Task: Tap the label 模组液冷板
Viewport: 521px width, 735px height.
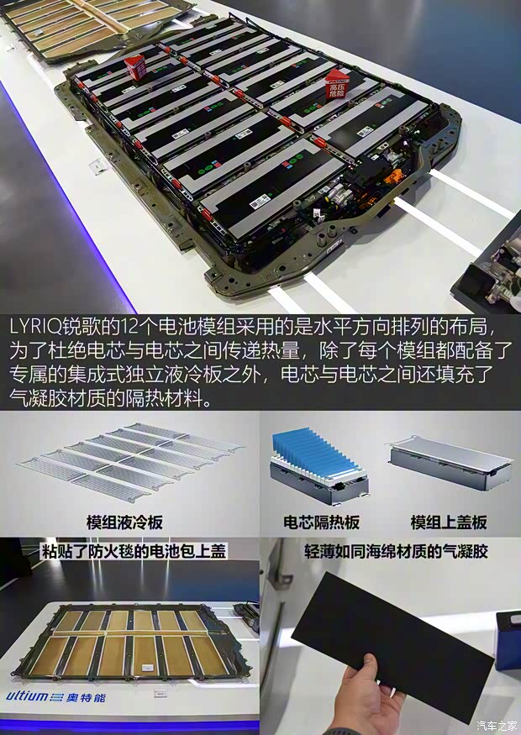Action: (124, 522)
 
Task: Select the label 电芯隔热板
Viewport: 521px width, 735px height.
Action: (321, 522)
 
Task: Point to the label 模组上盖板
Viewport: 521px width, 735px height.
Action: (448, 522)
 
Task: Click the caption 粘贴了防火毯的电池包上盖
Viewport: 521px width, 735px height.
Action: (134, 551)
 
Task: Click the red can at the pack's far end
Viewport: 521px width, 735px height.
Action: (134, 66)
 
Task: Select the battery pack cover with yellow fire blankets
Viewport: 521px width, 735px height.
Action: (126, 647)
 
